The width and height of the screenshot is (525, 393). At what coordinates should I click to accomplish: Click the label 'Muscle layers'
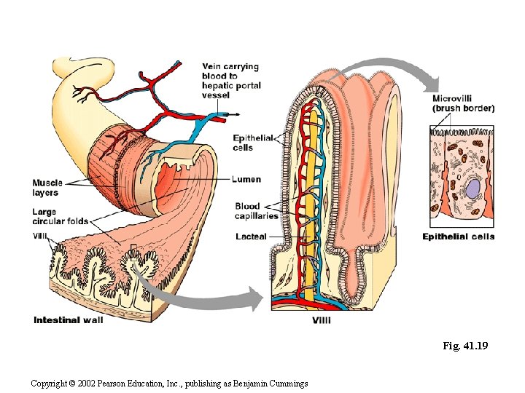47,188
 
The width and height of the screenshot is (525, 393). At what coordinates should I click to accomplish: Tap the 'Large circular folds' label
60,216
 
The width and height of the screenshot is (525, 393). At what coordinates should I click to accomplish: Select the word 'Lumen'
246,180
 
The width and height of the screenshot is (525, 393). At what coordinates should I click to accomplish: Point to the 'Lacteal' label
251,237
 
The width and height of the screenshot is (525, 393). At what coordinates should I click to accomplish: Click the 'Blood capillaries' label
257,211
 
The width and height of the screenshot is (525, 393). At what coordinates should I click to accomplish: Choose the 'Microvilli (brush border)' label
463,103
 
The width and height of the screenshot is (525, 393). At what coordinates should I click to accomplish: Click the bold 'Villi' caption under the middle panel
324,320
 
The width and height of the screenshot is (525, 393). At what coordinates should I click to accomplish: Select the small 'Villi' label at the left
41,234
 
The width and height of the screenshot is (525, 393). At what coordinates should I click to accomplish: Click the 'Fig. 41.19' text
464,346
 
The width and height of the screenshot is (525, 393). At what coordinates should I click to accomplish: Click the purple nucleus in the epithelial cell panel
474,190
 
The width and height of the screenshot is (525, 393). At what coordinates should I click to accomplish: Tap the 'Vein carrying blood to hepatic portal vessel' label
230,81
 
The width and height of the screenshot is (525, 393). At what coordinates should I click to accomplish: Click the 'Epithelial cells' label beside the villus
253,143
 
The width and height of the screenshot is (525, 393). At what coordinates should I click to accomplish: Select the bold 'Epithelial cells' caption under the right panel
459,237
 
